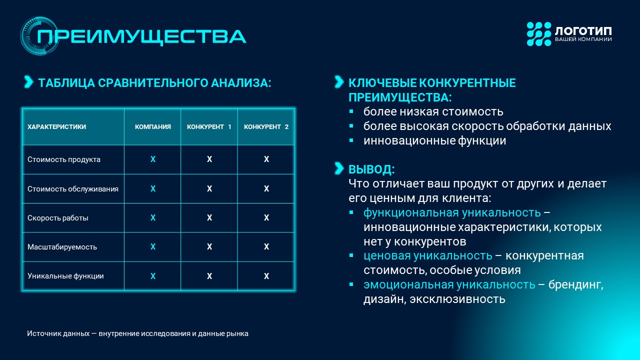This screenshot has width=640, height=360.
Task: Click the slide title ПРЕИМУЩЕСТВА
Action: tap(141, 36)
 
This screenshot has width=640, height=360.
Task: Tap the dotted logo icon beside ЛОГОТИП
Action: tap(539, 34)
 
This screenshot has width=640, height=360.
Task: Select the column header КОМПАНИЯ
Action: tap(153, 127)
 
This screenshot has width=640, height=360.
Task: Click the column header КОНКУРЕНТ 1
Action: tap(209, 127)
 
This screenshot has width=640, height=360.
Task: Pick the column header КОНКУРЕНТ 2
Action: tap(266, 127)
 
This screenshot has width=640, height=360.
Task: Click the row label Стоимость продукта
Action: tap(63, 159)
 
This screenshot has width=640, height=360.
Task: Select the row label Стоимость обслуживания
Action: tap(73, 189)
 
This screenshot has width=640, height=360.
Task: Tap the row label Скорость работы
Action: tap(57, 218)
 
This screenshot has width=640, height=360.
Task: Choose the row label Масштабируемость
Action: tap(62, 247)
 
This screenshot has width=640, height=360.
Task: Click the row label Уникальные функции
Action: tap(65, 276)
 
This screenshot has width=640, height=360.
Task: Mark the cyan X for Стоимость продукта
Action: tap(153, 159)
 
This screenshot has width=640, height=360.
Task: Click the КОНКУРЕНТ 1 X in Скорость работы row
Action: tap(209, 217)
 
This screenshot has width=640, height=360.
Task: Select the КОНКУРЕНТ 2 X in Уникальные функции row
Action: tap(266, 276)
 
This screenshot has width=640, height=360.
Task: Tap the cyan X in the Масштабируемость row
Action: tap(153, 246)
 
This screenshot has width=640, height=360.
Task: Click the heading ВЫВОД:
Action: tap(371, 169)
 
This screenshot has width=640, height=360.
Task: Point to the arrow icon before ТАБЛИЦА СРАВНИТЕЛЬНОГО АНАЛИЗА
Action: tap(28, 82)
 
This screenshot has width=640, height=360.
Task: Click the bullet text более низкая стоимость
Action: tap(433, 111)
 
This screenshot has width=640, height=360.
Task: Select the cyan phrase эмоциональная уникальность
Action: tap(449, 285)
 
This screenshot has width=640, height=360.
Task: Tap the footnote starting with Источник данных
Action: tap(137, 333)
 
